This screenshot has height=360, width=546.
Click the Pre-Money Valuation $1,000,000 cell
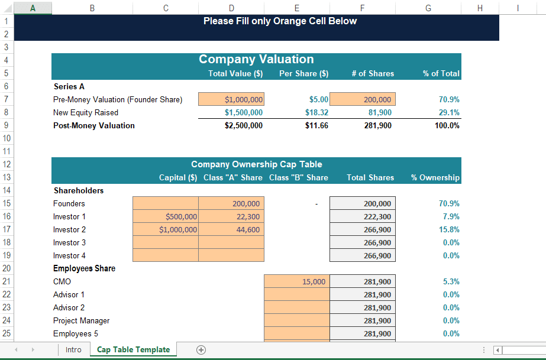[x=231, y=99]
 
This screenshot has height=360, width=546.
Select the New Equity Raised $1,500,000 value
[x=244, y=112]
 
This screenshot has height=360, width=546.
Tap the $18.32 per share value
[x=316, y=112]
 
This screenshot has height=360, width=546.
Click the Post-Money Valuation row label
[x=94, y=125]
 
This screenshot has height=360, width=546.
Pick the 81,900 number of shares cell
[x=379, y=112]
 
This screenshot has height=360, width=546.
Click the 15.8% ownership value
[x=450, y=229]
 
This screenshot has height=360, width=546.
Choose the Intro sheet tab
[x=73, y=349]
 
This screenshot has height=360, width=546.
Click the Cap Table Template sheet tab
[x=133, y=349]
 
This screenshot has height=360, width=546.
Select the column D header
[x=231, y=8]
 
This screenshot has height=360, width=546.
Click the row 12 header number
[x=6, y=164]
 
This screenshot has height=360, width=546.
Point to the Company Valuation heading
[x=256, y=59]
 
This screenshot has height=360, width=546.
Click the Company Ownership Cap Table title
[x=256, y=164]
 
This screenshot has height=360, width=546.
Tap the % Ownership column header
[x=435, y=177]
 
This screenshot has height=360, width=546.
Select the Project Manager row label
[x=81, y=320]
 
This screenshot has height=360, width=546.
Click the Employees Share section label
[x=84, y=268]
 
